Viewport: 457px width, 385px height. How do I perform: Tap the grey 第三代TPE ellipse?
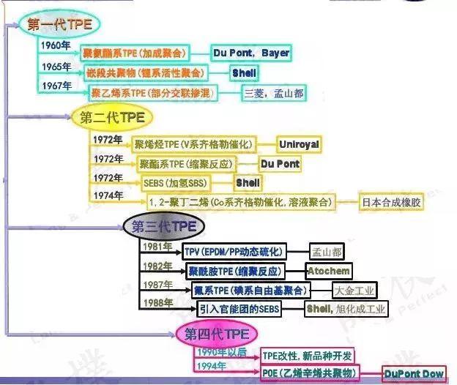pos(163,226)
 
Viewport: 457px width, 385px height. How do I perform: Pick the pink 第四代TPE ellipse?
pos(216,334)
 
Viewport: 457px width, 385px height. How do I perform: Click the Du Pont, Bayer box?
pos(250,53)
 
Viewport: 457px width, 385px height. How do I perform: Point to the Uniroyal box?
pos(299,144)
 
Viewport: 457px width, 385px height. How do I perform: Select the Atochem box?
pos(327,271)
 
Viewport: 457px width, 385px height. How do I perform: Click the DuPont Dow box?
pos(415,374)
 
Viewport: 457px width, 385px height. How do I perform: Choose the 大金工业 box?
pos(354,290)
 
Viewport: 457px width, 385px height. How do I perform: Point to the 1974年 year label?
pos(108,195)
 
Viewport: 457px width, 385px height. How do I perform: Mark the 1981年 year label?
pos(157,247)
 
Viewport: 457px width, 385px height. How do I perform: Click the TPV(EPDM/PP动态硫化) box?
pos(233,252)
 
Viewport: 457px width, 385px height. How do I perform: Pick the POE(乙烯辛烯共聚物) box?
pos(307,374)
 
